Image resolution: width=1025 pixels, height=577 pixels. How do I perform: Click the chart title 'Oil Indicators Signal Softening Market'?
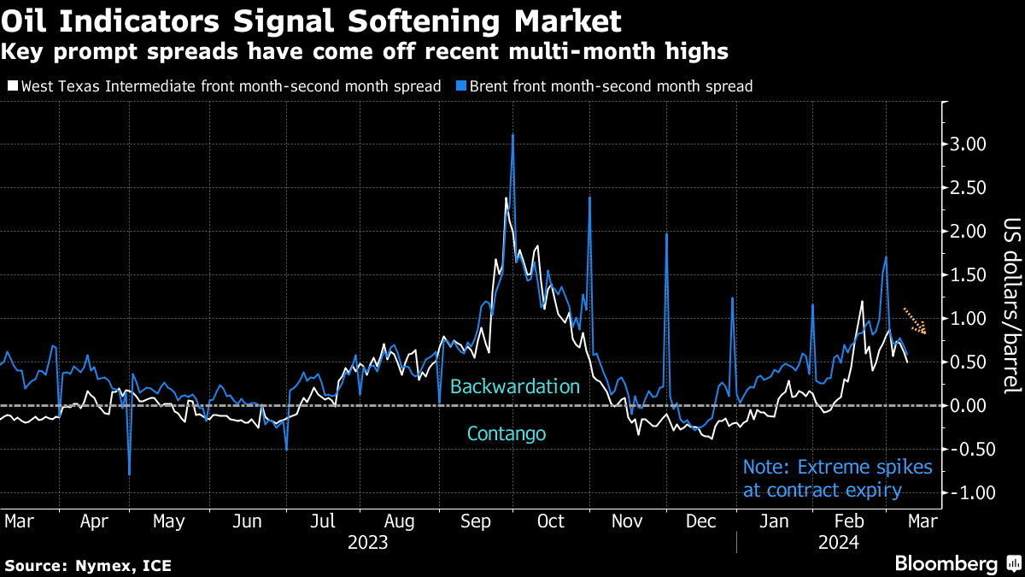pos(312,19)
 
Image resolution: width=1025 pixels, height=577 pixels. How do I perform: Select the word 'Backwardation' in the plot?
pos(515,386)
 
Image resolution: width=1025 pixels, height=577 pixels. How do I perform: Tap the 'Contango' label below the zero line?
pos(507,434)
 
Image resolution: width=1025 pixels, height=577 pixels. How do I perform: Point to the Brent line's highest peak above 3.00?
pos(512,135)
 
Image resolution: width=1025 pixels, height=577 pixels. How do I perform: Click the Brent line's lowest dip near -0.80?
pos(129,473)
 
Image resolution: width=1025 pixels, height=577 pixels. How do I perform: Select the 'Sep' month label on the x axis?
pos(477,521)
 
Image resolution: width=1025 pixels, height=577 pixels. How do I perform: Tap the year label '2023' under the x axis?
pos(368,542)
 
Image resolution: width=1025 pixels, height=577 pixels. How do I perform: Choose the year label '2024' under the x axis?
pos(839,542)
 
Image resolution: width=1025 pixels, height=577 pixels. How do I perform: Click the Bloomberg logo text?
pos(945,563)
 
